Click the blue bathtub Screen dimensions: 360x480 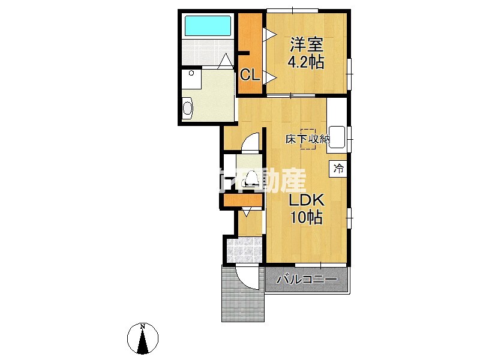click(x=208, y=26)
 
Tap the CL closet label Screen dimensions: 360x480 click(x=250, y=75)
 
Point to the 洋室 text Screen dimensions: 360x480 click(x=307, y=45)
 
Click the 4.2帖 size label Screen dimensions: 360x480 click(x=306, y=62)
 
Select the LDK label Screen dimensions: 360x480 click(x=307, y=200)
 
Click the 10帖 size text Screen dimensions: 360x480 click(x=307, y=217)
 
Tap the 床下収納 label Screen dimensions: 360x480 click(x=308, y=139)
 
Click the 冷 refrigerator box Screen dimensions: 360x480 click(x=338, y=169)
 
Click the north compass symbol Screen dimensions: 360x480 click(x=143, y=339)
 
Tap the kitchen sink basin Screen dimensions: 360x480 click(x=337, y=137)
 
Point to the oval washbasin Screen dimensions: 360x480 click(x=187, y=109)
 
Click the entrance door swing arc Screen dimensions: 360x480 click(x=247, y=278)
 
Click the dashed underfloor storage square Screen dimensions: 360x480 click(x=308, y=139)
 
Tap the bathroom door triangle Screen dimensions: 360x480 click(x=226, y=60)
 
